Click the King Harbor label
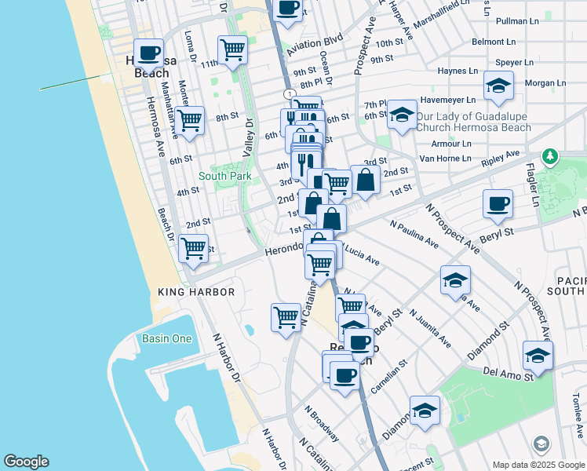pos(196,292)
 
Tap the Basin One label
pos(166,339)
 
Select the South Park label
pos(224,177)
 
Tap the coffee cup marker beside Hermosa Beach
pos(148,53)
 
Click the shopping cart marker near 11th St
pos(232,49)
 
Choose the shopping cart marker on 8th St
pos(190,121)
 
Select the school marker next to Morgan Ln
pos(498,86)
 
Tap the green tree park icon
pos(551,157)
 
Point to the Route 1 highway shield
pos(291,94)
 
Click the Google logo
pos(26,462)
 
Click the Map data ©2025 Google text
pos(538,465)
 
